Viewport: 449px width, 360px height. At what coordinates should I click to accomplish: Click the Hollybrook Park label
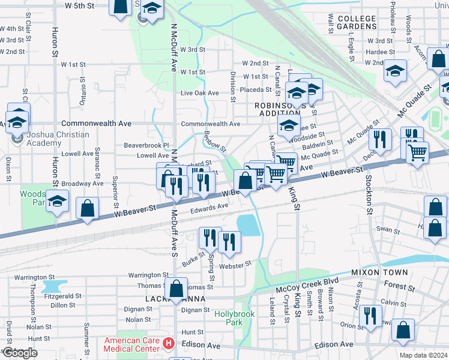tap(235, 318)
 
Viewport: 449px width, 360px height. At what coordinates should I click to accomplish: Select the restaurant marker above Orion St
tap(370, 315)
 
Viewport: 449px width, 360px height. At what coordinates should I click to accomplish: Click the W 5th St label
tap(79, 5)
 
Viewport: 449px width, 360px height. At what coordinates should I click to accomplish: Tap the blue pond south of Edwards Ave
tap(247, 225)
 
